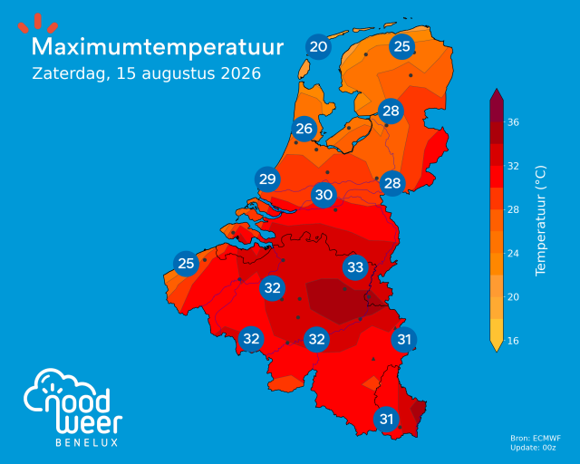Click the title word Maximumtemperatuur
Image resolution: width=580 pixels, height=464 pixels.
158,48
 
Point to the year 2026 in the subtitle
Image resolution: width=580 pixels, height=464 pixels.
241,73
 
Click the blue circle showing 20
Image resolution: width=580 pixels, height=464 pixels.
318,47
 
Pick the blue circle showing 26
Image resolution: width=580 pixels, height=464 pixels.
304,129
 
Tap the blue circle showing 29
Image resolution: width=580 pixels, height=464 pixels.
267,179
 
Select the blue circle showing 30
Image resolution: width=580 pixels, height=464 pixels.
324,195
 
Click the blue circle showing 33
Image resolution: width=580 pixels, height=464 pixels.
355,267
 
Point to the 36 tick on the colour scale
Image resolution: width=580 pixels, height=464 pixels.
513,122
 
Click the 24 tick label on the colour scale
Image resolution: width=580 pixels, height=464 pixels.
513,254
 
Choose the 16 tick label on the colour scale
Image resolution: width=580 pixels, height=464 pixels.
513,341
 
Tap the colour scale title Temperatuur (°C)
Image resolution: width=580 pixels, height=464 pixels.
540,220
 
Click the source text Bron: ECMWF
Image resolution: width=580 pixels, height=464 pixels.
536,439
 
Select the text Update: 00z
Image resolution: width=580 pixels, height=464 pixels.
533,448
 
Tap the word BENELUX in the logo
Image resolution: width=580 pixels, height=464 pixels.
87,442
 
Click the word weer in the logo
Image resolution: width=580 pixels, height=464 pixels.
90,423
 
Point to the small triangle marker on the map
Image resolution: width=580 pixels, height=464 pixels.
373,359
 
